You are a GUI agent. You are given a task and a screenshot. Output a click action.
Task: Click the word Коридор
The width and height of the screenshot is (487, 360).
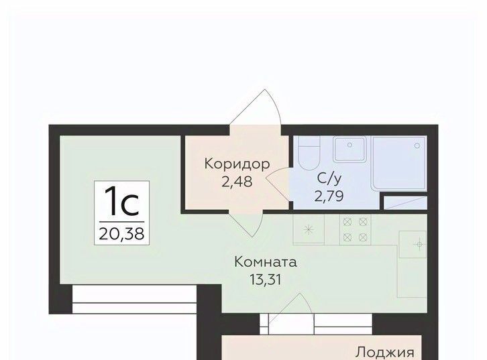[237, 164]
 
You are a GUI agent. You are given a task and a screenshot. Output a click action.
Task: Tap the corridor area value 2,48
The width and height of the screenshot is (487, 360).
[237, 182]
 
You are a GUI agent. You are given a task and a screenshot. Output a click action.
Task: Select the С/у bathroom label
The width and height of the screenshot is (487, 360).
[329, 179]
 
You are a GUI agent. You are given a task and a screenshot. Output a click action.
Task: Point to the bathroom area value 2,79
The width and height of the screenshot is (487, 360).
[329, 196]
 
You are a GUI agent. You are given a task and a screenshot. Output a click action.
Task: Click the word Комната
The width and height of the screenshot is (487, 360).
[266, 262]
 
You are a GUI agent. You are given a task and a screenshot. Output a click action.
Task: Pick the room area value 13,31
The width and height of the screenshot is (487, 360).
[266, 280]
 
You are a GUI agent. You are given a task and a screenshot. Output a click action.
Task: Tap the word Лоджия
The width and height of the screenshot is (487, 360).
[385, 353]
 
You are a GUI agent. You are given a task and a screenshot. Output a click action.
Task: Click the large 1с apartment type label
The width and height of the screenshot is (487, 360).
[121, 202]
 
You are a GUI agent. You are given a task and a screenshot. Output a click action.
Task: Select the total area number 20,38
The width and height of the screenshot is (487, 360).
[121, 233]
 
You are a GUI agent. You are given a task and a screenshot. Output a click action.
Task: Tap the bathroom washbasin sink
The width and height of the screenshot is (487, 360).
[349, 149]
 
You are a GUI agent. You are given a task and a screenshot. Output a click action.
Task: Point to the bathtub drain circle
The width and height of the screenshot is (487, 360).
[417, 146]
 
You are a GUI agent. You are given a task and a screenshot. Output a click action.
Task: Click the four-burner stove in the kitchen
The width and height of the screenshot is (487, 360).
[355, 230]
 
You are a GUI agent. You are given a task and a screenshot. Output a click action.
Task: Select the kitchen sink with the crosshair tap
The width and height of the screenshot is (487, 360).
[413, 245]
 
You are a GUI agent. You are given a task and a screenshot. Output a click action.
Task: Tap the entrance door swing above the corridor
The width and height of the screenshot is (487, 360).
[256, 107]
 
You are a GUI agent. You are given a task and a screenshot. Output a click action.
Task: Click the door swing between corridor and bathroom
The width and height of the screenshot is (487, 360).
[277, 184]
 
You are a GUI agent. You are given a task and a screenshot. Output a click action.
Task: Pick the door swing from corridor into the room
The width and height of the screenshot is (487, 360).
[246, 224]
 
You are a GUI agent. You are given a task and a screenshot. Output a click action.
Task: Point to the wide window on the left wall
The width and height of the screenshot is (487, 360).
[134, 299]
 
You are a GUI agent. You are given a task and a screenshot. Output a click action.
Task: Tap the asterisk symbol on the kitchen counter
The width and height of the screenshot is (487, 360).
[308, 230]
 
